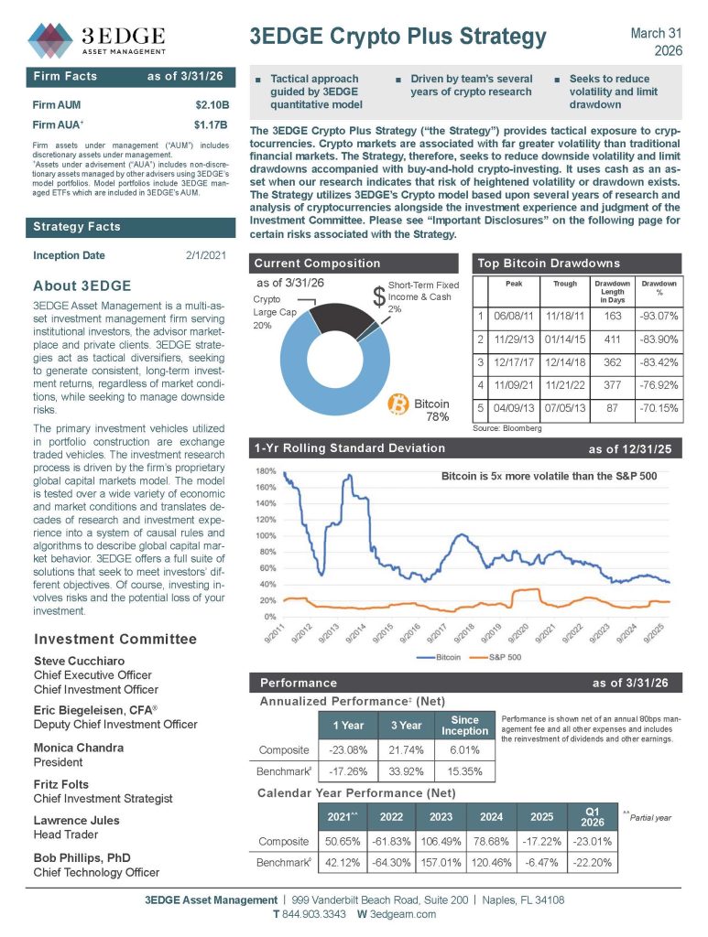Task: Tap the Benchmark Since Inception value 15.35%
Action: (464, 771)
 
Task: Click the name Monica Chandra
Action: (78, 748)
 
